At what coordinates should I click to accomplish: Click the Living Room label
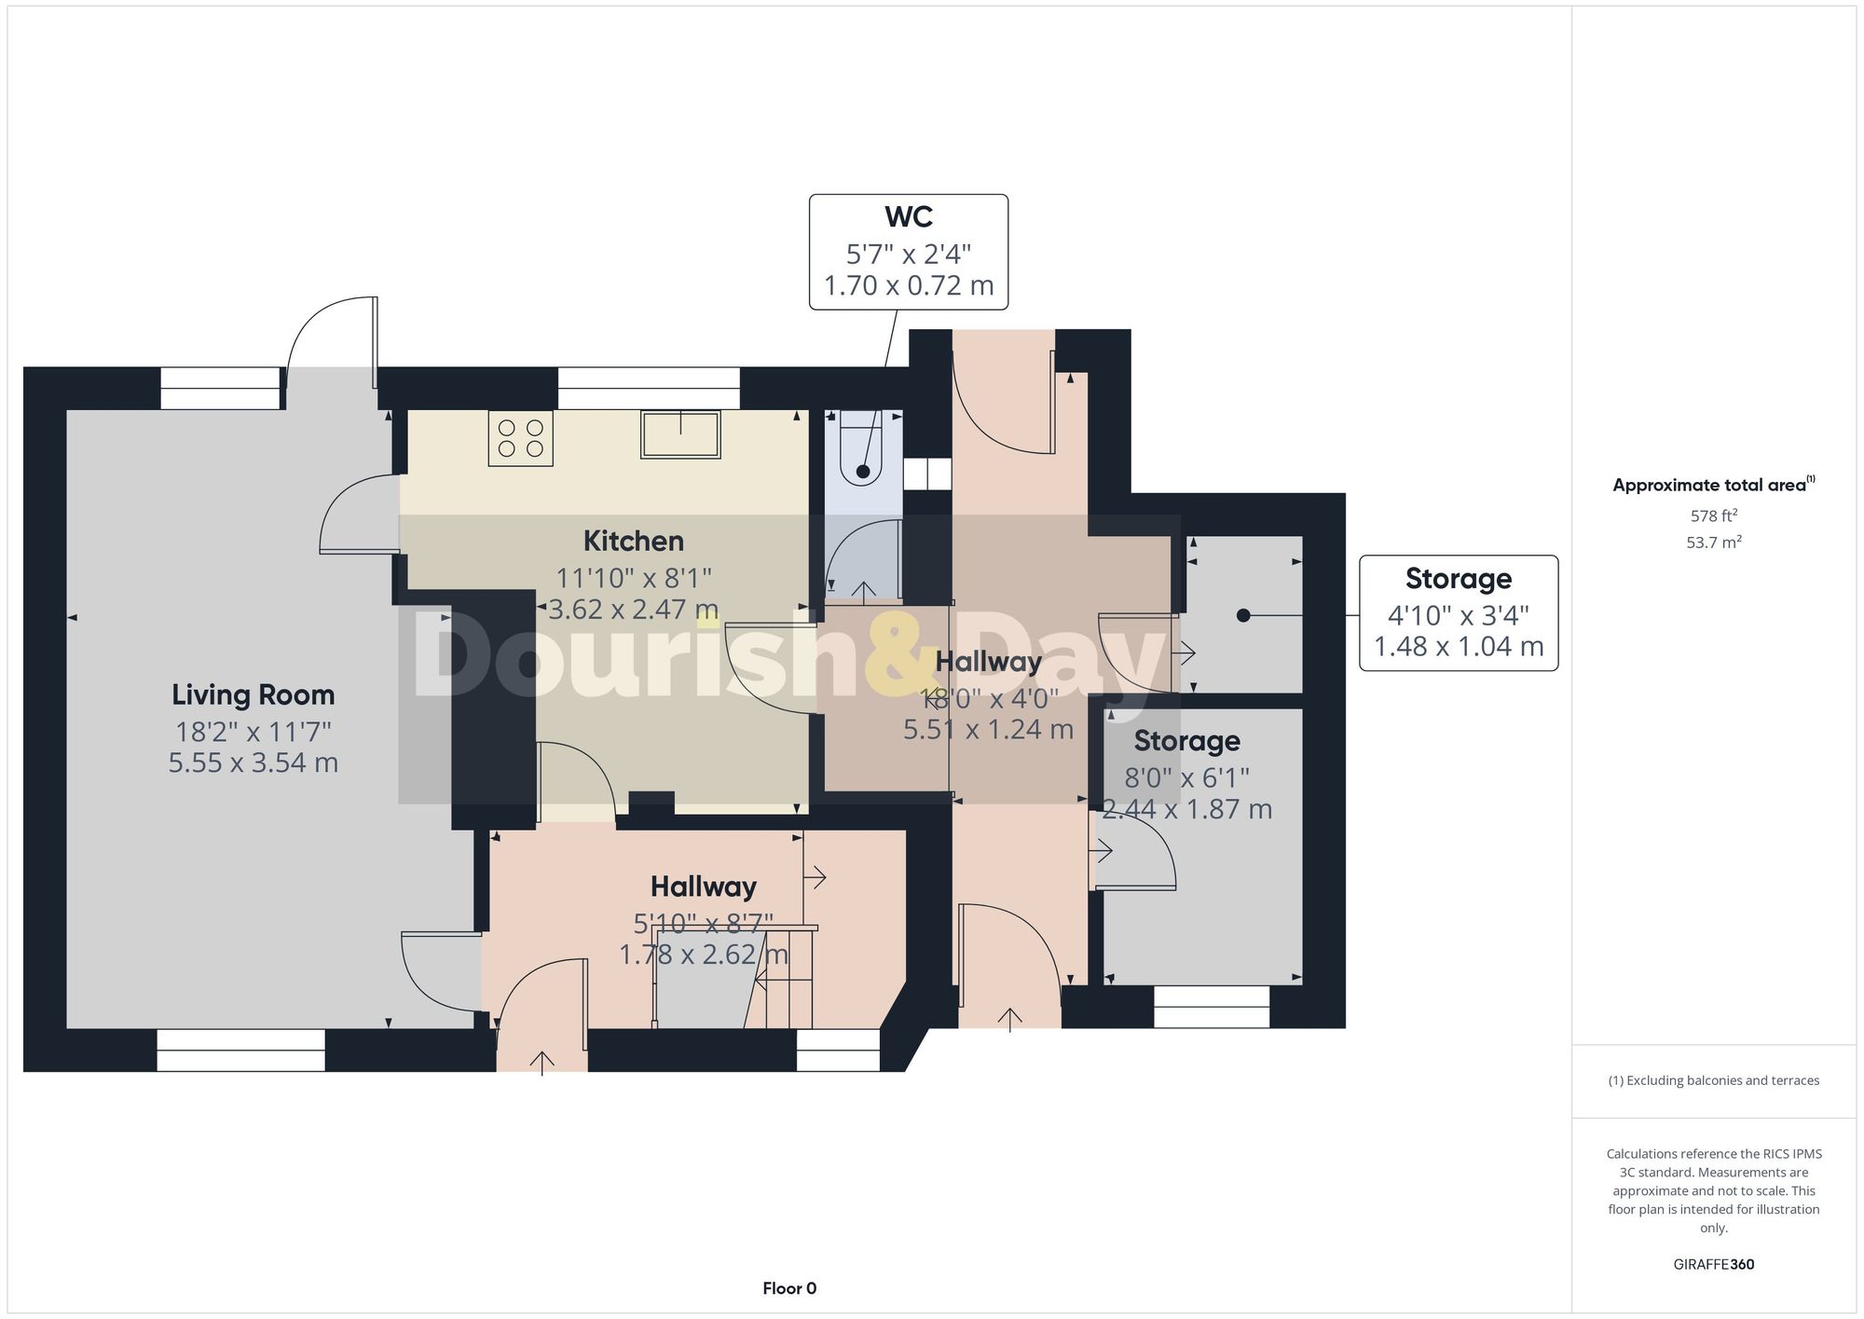[x=253, y=694]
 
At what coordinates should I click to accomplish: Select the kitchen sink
[x=680, y=434]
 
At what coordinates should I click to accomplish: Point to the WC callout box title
[x=908, y=216]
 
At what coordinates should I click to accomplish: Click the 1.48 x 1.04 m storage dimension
[x=1459, y=646]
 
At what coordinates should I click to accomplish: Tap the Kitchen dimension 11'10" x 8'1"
[x=634, y=578]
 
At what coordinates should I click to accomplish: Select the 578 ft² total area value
[x=1713, y=515]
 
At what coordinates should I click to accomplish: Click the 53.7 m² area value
[x=1713, y=542]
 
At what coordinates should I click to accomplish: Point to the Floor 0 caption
[x=789, y=1288]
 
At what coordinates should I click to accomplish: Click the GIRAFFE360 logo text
[x=1713, y=1264]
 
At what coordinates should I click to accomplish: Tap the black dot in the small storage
[x=1242, y=615]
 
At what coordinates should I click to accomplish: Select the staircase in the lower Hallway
[x=783, y=979]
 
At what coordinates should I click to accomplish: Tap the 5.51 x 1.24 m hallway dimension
[x=988, y=729]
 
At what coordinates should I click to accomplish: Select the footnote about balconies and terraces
[x=1713, y=1080]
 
